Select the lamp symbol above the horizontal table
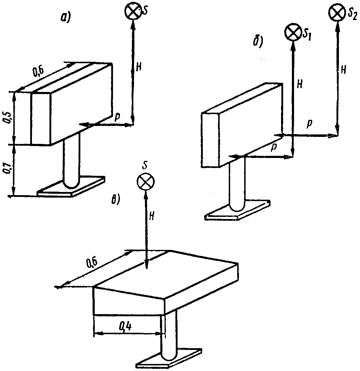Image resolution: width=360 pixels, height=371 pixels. click(146, 181)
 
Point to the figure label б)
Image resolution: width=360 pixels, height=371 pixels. click(258, 42)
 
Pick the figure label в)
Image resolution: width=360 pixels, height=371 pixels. click(116, 200)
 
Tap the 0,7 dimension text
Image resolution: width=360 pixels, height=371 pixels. click(7, 168)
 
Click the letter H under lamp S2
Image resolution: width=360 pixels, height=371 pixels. click(344, 70)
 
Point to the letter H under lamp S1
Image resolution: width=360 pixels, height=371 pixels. click(300, 85)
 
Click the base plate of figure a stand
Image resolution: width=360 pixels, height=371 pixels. click(71, 187)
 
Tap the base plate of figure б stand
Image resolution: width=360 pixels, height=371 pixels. click(238, 211)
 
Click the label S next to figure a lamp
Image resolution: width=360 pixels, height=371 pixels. click(145, 11)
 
